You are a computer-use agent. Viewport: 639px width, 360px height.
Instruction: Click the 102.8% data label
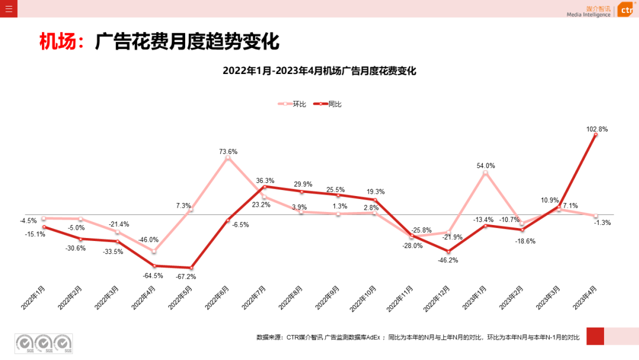pyautogui.click(x=596, y=128)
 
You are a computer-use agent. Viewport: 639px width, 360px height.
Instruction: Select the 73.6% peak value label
pyautogui.click(x=228, y=152)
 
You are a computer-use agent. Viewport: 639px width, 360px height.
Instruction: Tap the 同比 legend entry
pyautogui.click(x=335, y=104)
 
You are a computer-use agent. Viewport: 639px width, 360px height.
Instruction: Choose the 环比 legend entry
pyautogui.click(x=299, y=104)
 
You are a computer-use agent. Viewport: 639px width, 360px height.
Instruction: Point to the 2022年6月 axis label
pyautogui.click(x=218, y=297)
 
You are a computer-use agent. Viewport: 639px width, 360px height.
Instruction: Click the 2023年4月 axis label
pyautogui.click(x=586, y=297)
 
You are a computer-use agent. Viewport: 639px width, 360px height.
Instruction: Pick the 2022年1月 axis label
pyautogui.click(x=34, y=297)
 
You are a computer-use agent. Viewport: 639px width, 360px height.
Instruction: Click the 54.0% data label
pyautogui.click(x=486, y=166)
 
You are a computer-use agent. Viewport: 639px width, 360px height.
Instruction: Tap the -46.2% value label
pyautogui.click(x=447, y=260)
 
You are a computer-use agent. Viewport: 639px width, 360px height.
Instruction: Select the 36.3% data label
pyautogui.click(x=264, y=181)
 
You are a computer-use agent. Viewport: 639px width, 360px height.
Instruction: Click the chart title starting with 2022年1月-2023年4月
pyautogui.click(x=319, y=71)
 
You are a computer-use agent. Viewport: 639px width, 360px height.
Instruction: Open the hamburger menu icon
pyautogui.click(x=8, y=8)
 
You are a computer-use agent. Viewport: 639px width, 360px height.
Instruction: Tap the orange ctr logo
pyautogui.click(x=627, y=9)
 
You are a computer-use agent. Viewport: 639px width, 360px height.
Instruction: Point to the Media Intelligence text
pyautogui.click(x=588, y=14)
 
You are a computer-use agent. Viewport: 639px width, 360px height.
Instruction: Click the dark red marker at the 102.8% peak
pyautogui.click(x=596, y=135)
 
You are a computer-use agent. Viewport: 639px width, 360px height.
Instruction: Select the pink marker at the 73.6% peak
pyautogui.click(x=228, y=158)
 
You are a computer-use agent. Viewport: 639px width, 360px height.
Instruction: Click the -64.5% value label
pyautogui.click(x=153, y=275)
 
